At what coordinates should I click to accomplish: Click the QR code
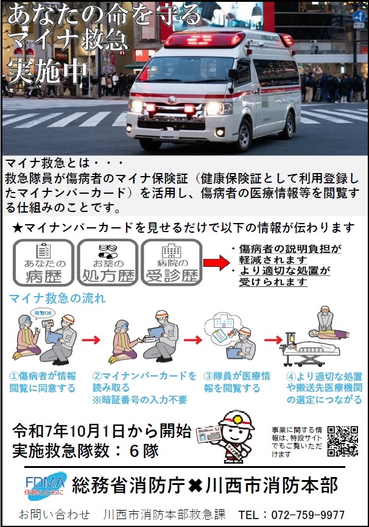pos(343,441)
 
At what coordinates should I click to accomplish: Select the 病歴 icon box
pos(44,263)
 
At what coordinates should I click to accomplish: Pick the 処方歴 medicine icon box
pos(108,263)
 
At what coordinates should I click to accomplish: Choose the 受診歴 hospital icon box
pos(172,263)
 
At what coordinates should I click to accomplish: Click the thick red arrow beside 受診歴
pos(217,263)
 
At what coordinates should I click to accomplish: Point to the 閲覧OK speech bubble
pos(43,313)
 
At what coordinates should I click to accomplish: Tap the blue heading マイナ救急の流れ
pos(57,298)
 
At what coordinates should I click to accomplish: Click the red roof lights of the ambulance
pos(205,40)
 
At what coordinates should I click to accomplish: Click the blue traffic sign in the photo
pos(359,16)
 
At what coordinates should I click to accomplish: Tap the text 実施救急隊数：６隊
pos(86,451)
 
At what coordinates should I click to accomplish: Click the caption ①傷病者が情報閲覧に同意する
pos(43,382)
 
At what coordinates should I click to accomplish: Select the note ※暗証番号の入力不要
pos(139,400)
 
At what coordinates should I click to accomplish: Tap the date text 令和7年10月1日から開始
pos(102,431)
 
